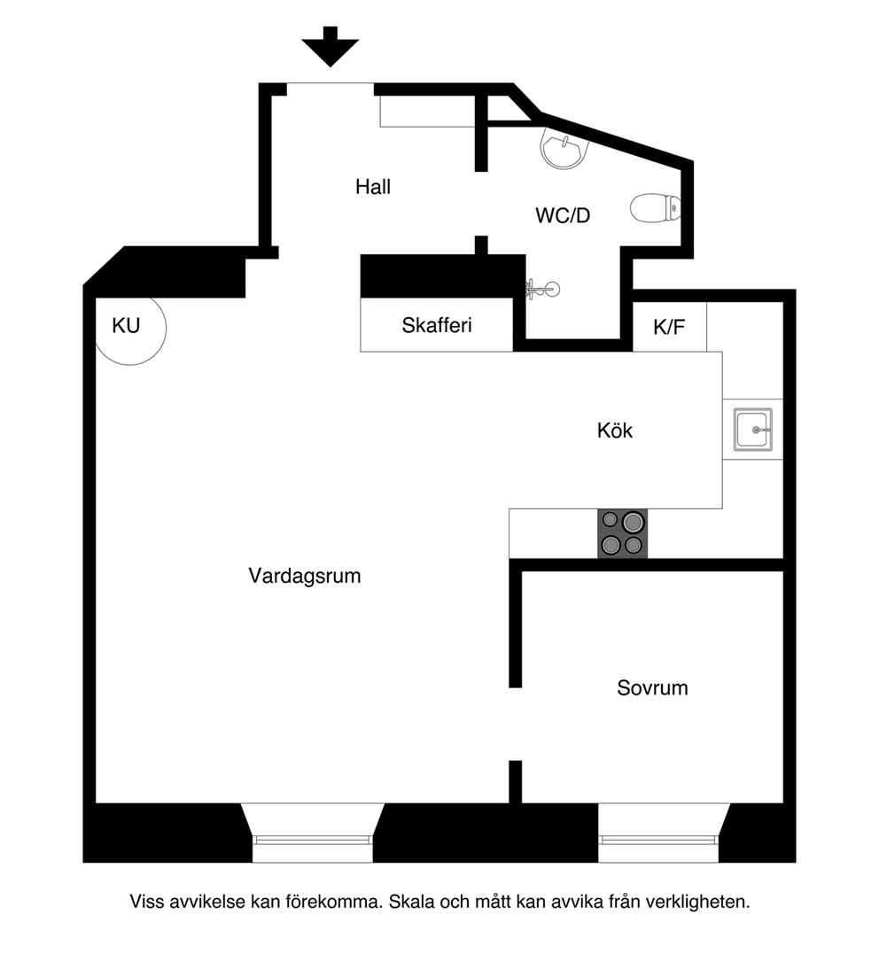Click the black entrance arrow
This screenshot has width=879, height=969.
tap(331, 46)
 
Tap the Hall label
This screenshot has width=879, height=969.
tap(373, 187)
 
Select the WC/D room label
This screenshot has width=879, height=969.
tap(563, 215)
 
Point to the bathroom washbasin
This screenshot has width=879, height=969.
tap(564, 148)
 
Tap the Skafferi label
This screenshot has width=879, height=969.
tap(437, 325)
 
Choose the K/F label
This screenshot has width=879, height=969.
tap(669, 327)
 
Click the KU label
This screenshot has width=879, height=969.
tap(126, 326)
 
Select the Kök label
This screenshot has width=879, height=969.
tap(614, 430)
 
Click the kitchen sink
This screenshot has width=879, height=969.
tap(753, 429)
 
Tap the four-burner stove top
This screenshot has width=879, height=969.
tap(622, 533)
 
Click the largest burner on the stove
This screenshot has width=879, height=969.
tap(633, 523)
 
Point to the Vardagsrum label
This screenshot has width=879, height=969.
tap(305, 576)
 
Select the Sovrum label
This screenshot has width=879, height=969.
tap(652, 688)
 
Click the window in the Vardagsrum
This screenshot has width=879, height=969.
tap(313, 840)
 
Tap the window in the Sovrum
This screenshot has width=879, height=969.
tap(658, 840)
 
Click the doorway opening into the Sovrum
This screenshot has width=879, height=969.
tap(515, 724)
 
